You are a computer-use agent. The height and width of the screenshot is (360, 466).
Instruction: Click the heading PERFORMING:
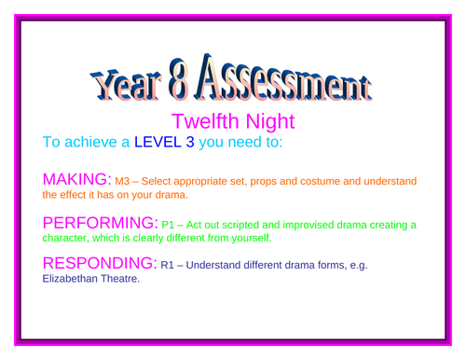tap(102, 223)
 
